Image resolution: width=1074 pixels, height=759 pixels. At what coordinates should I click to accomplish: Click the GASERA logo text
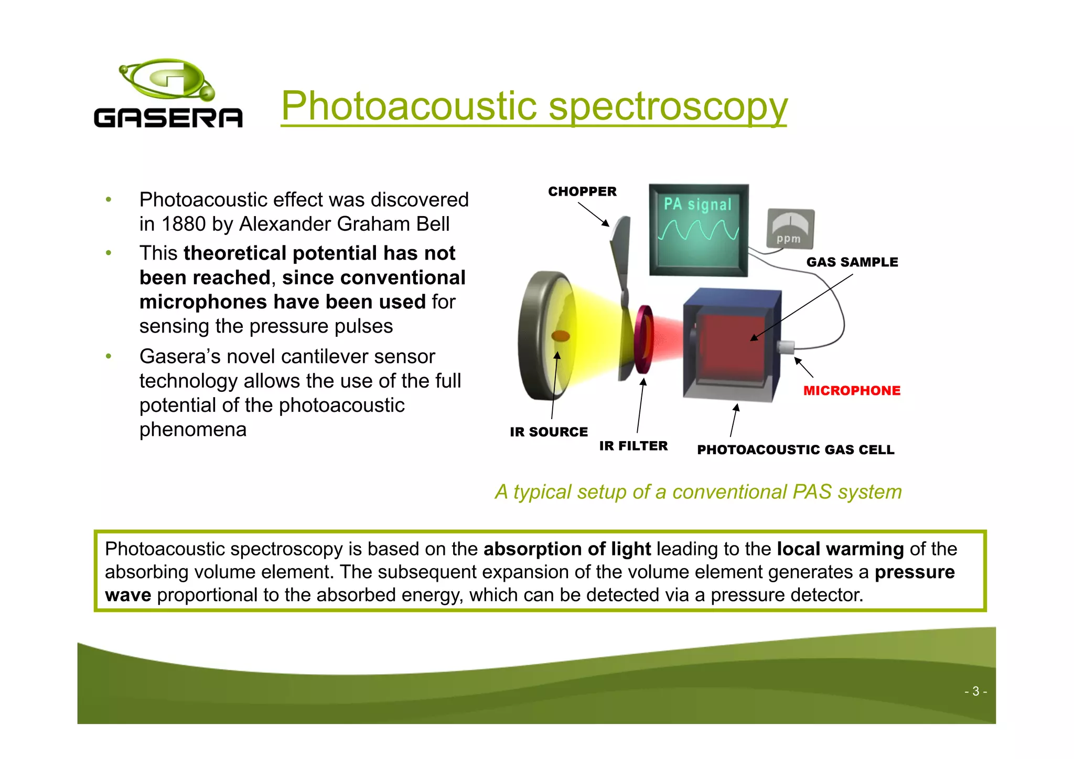168,118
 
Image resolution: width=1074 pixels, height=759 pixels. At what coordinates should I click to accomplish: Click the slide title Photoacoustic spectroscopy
534,106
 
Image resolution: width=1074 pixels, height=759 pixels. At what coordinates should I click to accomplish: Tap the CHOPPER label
582,191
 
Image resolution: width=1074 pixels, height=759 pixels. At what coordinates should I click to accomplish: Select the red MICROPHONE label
852,391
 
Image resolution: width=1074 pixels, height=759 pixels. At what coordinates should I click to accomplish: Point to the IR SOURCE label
549,432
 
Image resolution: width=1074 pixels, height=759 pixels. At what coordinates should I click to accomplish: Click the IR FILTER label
633,446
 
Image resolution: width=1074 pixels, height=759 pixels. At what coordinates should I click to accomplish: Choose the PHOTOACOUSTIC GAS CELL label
796,450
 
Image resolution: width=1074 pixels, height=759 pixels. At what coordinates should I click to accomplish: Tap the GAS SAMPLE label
852,262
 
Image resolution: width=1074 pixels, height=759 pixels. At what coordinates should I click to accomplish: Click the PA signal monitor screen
698,229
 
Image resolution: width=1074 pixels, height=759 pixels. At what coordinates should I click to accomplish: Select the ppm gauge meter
790,228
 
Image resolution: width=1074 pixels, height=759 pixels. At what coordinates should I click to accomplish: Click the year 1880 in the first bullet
183,225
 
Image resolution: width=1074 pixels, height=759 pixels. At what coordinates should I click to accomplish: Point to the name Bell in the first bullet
433,225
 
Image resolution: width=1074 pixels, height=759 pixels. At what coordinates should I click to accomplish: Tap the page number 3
975,691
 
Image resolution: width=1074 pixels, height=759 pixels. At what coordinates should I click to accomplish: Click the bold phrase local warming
840,549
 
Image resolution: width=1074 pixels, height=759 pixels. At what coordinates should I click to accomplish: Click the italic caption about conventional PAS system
698,492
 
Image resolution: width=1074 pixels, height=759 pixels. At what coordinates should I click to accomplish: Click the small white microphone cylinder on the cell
786,347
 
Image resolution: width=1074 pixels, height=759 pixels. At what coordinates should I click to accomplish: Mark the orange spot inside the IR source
561,336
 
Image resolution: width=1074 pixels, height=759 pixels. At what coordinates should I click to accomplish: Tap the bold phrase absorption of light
567,549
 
